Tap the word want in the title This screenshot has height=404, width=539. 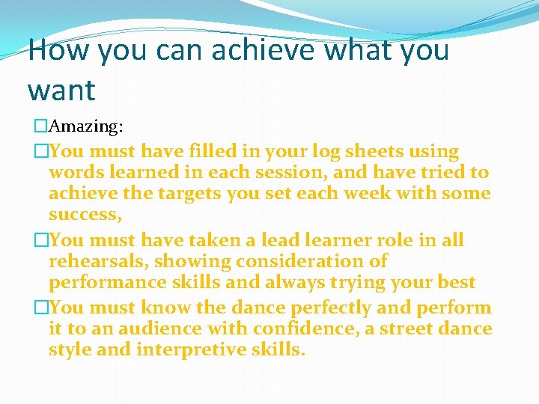tap(61, 91)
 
